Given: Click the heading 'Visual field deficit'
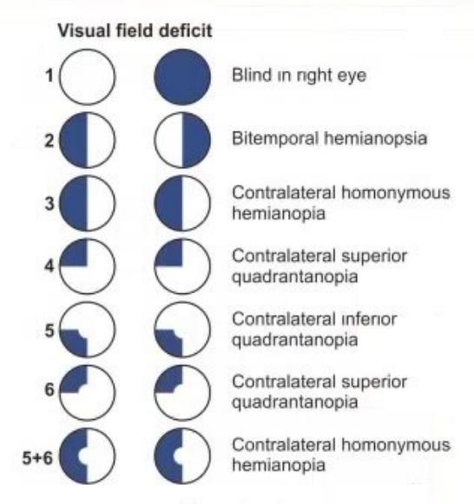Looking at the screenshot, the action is click(135, 31).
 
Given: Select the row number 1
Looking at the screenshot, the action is click(49, 75).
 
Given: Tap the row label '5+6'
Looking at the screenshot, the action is click(37, 457).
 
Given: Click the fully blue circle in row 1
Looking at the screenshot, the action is click(182, 77).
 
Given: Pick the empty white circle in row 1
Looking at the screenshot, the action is click(87, 77).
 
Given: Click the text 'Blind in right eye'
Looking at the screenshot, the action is click(299, 75).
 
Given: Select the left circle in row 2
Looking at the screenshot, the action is click(87, 140).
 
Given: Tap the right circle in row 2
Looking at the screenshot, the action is click(182, 140).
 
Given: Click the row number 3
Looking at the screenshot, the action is click(49, 204).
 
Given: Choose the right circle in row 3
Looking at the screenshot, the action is click(182, 203).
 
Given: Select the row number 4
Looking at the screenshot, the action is click(49, 266).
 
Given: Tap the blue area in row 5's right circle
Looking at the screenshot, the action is click(170, 343).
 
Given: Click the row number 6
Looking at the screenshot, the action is click(49, 389).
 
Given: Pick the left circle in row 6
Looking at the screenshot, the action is click(87, 392).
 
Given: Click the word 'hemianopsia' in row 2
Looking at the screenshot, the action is click(375, 139).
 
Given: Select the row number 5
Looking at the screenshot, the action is click(49, 331).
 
